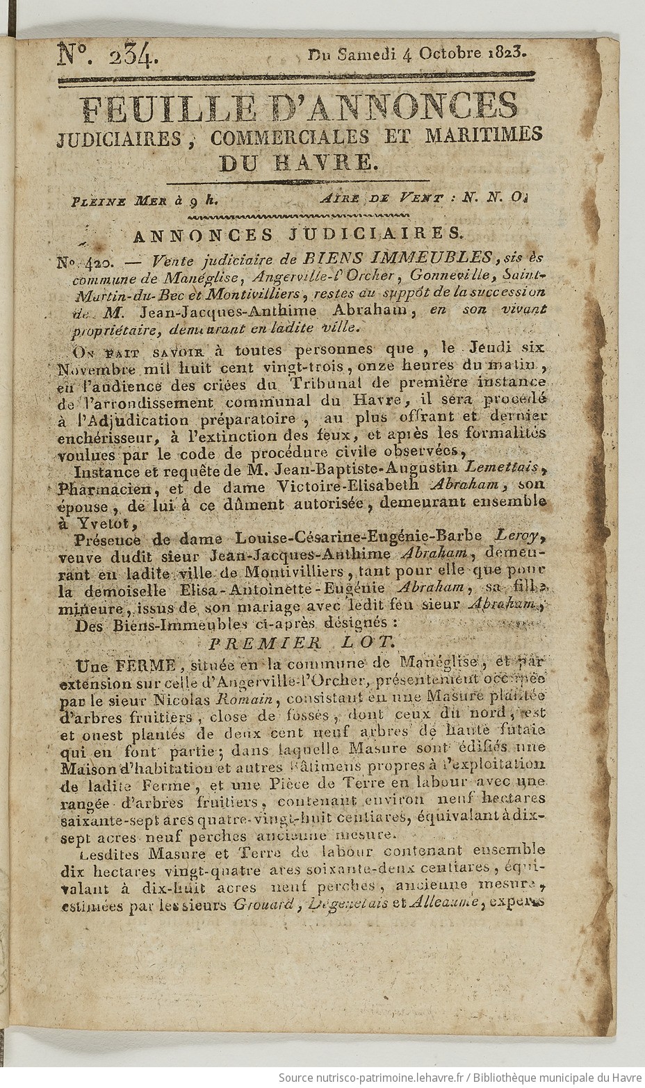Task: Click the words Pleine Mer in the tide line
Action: (120, 201)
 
